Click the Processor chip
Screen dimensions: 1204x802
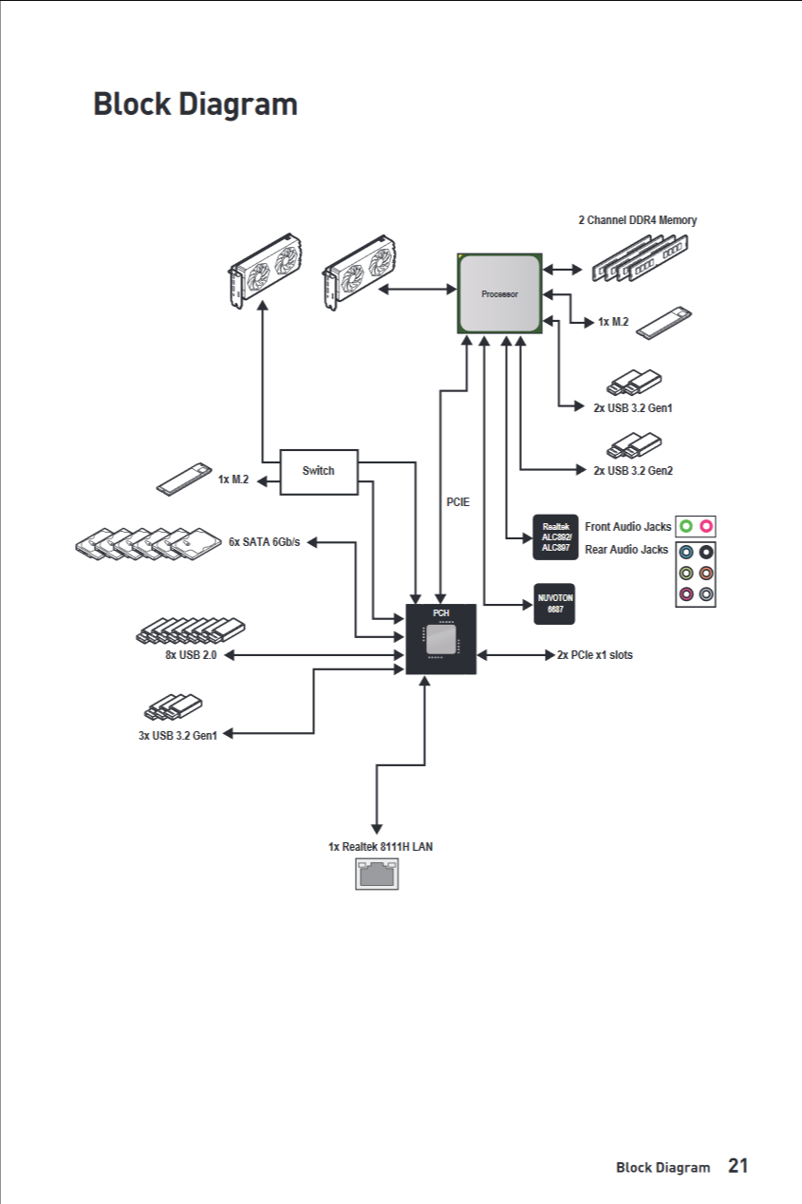500,293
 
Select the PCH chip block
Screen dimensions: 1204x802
441,639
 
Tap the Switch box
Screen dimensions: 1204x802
319,471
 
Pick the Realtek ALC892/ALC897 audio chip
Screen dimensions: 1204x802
555,536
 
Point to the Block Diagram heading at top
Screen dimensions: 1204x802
196,104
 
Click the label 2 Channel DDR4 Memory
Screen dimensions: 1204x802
638,220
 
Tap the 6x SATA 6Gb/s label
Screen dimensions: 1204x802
264,542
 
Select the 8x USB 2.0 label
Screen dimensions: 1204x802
184,655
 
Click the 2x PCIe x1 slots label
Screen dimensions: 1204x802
595,655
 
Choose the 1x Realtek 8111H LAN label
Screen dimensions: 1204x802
381,846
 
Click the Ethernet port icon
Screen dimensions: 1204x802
377,874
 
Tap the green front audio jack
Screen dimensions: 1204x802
686,526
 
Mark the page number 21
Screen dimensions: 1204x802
738,1166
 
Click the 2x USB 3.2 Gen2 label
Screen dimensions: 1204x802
633,470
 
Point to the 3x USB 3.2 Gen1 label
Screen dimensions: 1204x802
177,734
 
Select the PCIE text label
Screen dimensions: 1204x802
458,501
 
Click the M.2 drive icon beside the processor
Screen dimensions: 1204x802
665,323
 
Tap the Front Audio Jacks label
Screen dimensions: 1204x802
628,526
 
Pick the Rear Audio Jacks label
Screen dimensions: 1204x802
626,550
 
